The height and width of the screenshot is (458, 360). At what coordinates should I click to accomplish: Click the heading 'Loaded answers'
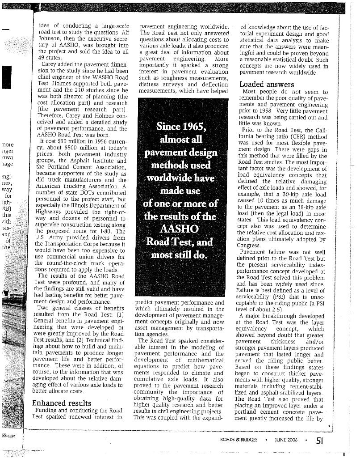[x=267, y=84]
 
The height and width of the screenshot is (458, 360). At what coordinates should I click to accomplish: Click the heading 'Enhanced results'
[x=62, y=403]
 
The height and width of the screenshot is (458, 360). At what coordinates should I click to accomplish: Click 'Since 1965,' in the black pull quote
[x=180, y=126]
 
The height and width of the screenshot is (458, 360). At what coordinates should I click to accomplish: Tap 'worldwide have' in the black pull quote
[x=180, y=178]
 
